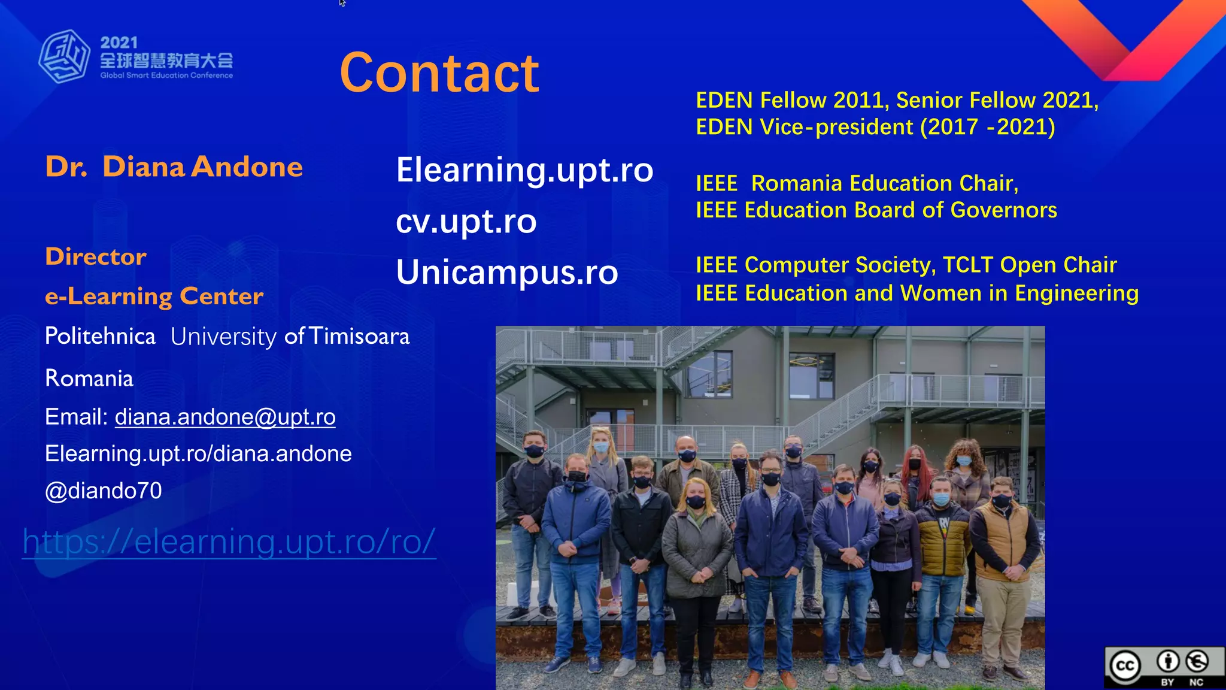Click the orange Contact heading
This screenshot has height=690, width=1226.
(439, 73)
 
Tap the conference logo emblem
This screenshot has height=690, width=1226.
(65, 56)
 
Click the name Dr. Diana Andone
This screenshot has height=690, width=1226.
(174, 167)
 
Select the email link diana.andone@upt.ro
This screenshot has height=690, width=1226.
(225, 417)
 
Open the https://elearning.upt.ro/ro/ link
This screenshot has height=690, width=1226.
(229, 541)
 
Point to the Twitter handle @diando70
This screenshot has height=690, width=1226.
(104, 491)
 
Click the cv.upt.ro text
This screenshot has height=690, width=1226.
(466, 222)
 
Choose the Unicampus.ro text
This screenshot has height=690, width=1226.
(506, 273)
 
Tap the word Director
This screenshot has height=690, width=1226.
(96, 256)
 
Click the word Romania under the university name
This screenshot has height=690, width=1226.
(89, 379)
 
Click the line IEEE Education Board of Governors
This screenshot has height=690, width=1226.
(876, 210)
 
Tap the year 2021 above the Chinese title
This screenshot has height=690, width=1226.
(119, 43)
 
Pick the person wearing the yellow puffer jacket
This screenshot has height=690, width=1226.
(942, 539)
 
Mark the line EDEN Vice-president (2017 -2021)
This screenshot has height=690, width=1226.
(875, 127)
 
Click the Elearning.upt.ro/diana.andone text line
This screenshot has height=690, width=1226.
(198, 454)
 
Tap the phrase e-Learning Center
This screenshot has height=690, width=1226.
(154, 296)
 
